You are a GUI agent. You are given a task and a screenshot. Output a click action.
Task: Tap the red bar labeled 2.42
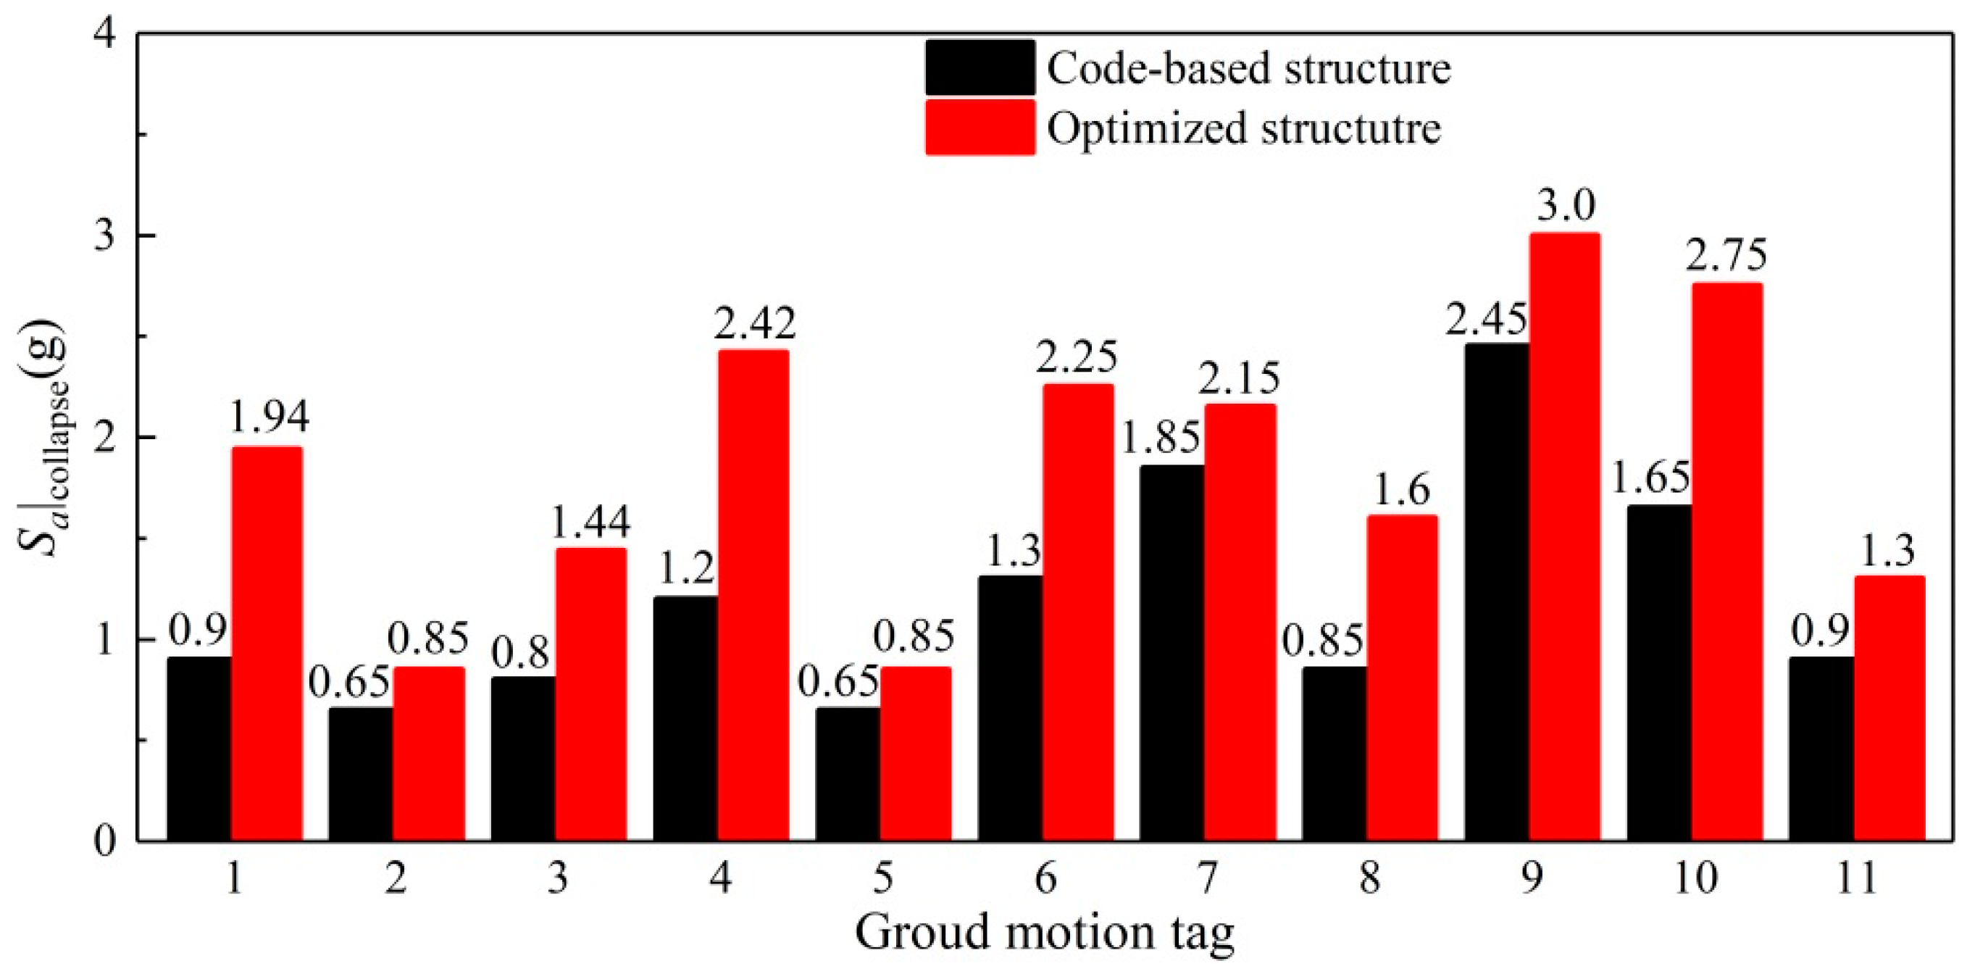point(753,595)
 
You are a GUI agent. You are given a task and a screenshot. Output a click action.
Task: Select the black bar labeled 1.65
point(1659,673)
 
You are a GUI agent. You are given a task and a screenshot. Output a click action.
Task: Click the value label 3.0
point(1565,205)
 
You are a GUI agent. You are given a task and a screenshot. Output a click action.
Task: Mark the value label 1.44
point(590,521)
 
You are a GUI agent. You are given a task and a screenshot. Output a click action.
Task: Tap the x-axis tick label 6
point(1045,879)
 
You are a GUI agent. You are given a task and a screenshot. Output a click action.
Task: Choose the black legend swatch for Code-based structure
point(980,68)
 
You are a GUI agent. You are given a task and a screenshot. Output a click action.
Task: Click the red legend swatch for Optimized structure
point(980,128)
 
